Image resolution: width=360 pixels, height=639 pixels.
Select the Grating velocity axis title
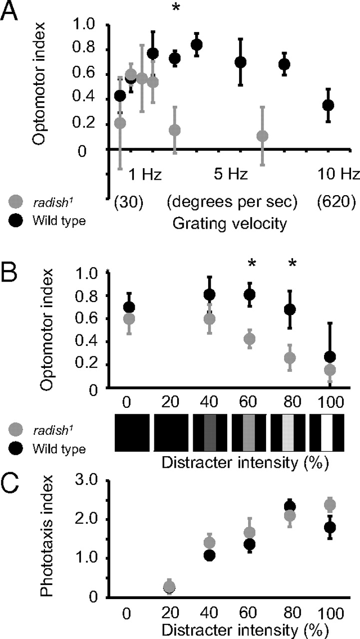point(230,224)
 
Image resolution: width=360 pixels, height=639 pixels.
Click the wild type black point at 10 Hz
point(328,105)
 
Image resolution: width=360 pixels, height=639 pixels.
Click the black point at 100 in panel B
point(330,357)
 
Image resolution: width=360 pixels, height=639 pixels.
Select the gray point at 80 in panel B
point(290,358)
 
